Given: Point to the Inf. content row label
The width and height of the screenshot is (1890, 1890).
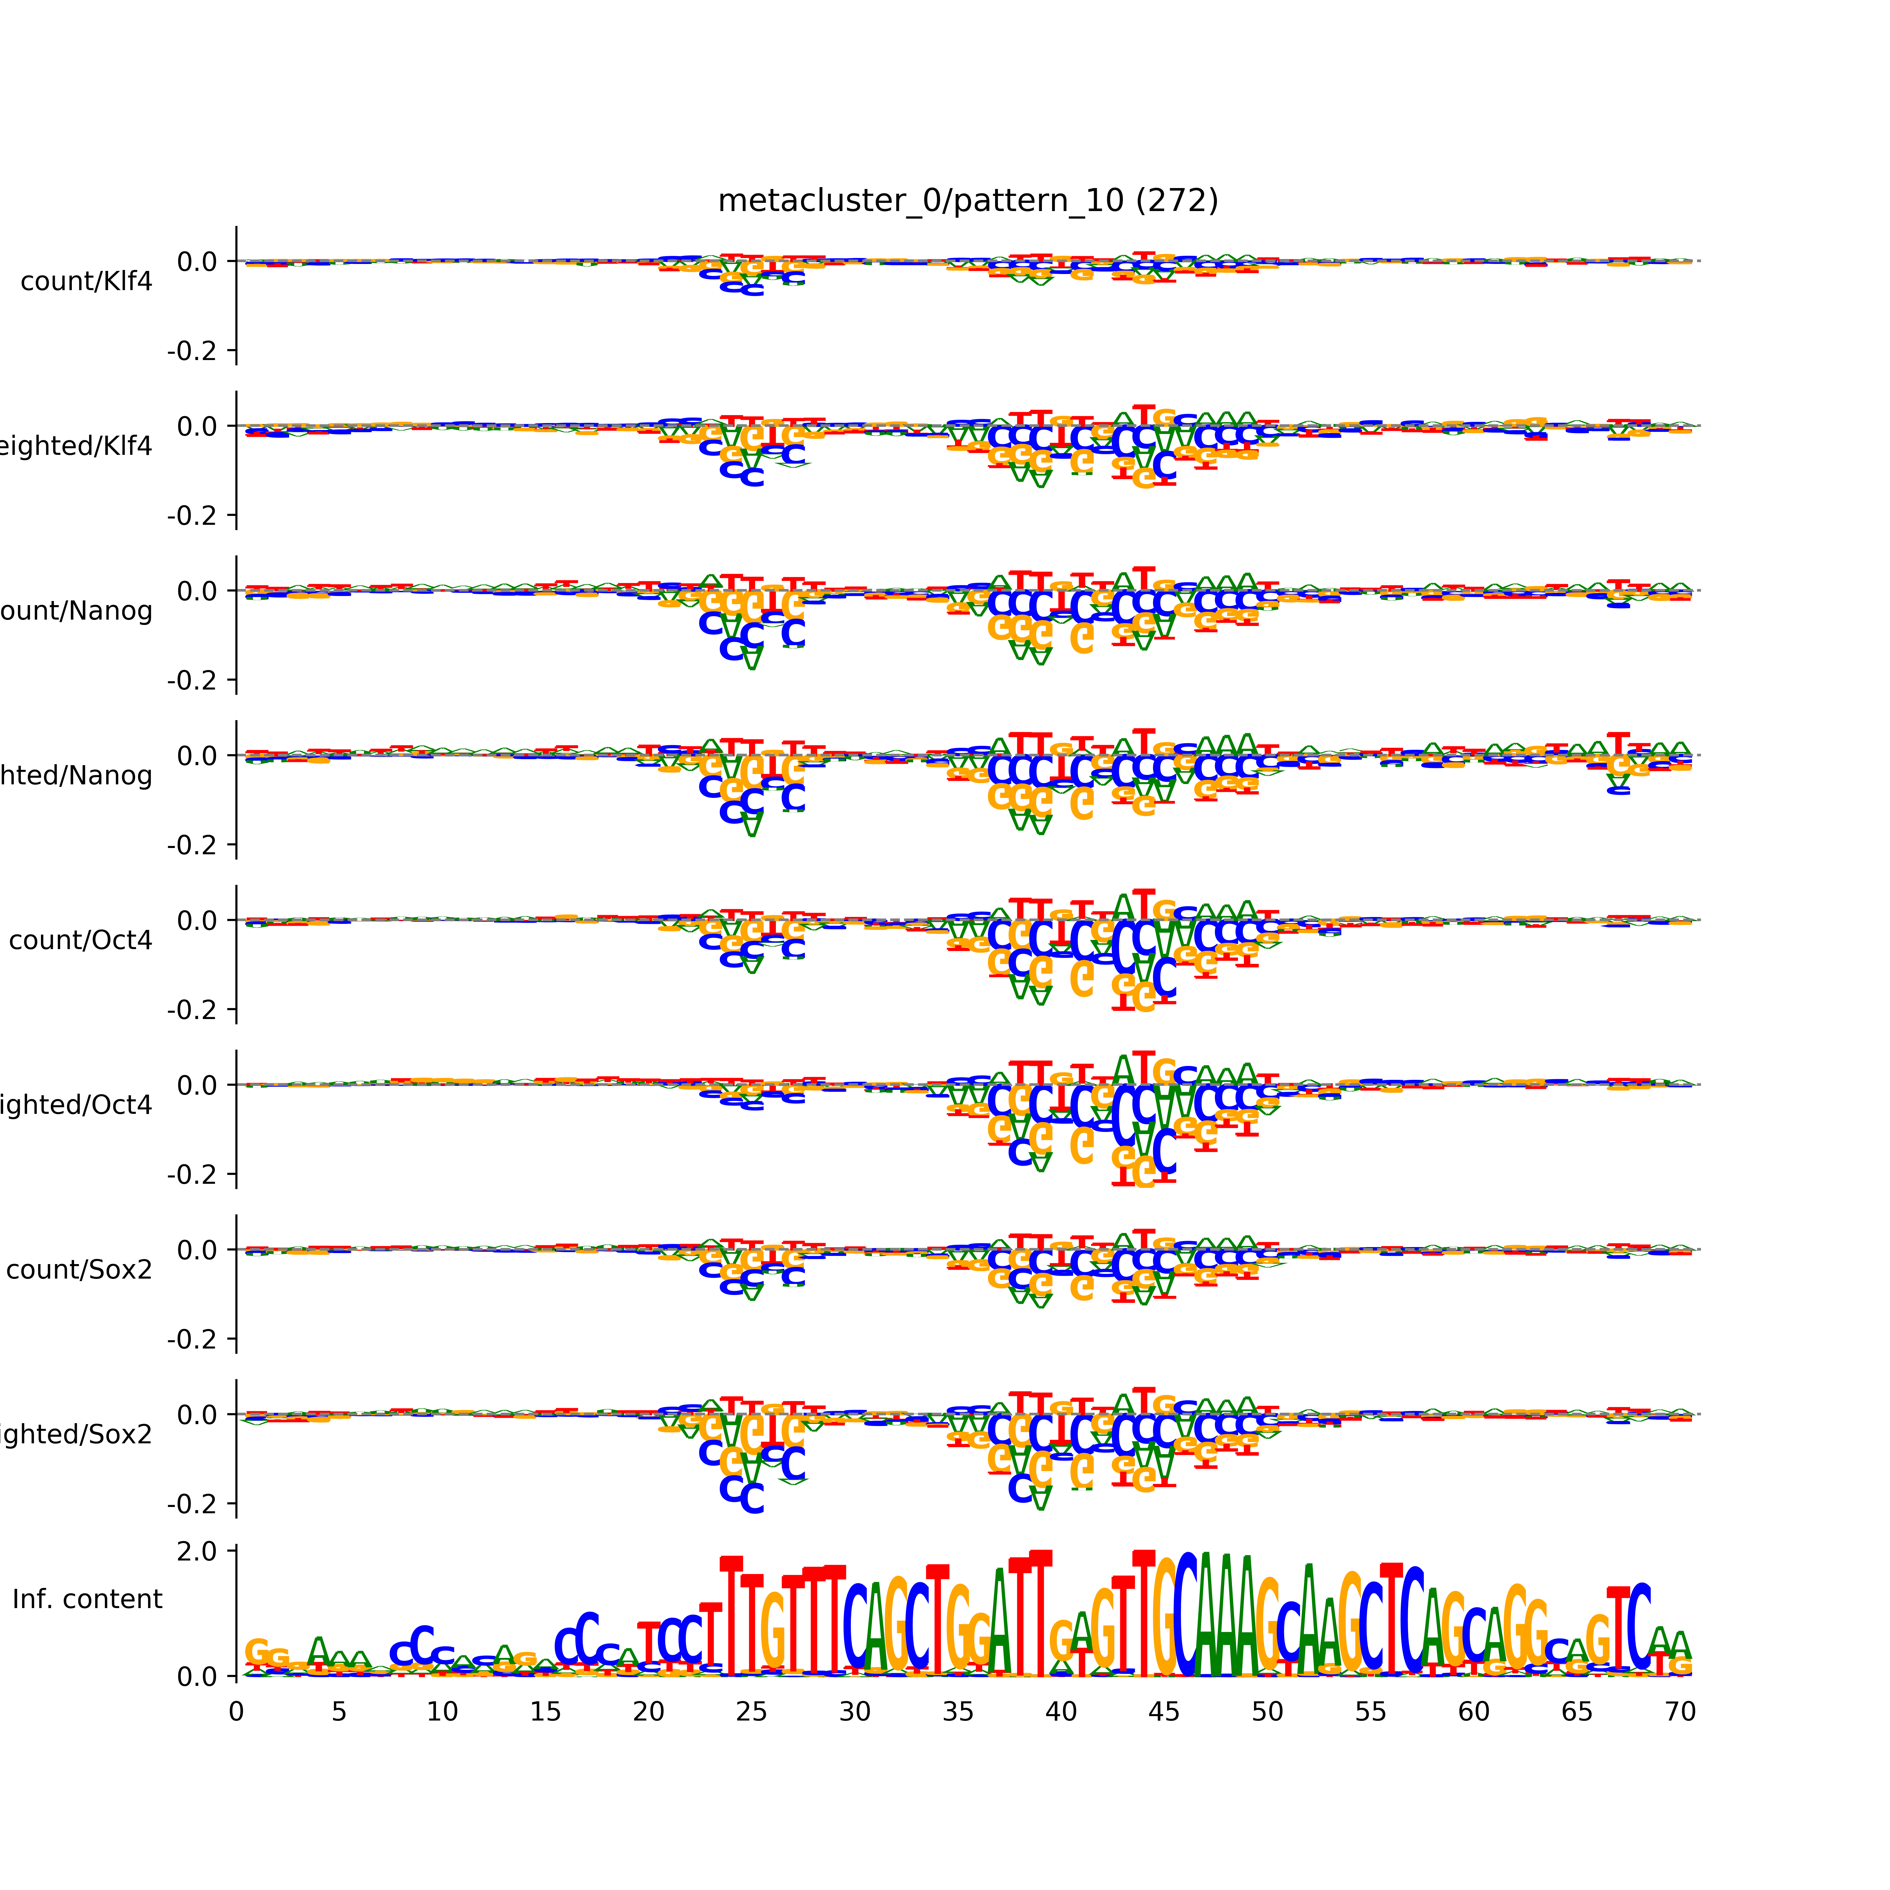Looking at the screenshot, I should [x=87, y=1600].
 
